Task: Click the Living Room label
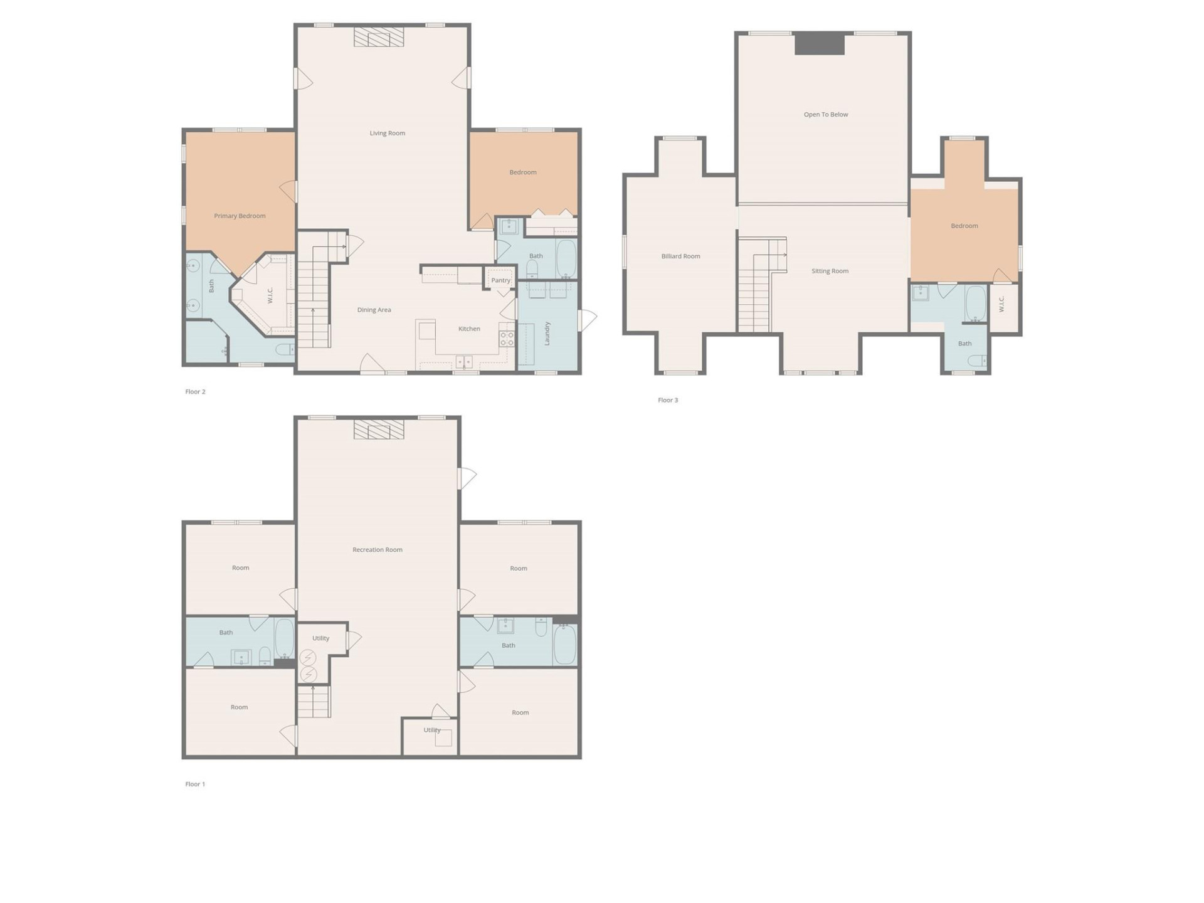tap(387, 133)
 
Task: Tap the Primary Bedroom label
tap(240, 216)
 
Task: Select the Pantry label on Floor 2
tap(500, 280)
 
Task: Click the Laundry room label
tap(547, 333)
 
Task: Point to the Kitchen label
tap(469, 329)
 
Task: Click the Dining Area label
tap(374, 310)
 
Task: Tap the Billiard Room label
tap(680, 256)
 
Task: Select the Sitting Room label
tap(830, 271)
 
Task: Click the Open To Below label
tap(826, 114)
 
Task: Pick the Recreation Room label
tap(378, 549)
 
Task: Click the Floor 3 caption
tap(668, 400)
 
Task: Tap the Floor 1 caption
tap(195, 784)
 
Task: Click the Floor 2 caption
tap(195, 391)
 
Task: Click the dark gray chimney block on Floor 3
tap(820, 45)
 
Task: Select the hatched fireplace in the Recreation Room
tap(379, 430)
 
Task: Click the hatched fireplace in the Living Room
tap(379, 37)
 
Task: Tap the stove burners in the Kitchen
tap(507, 339)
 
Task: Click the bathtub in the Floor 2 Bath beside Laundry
tap(566, 258)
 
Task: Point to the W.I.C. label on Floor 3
tap(1001, 304)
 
